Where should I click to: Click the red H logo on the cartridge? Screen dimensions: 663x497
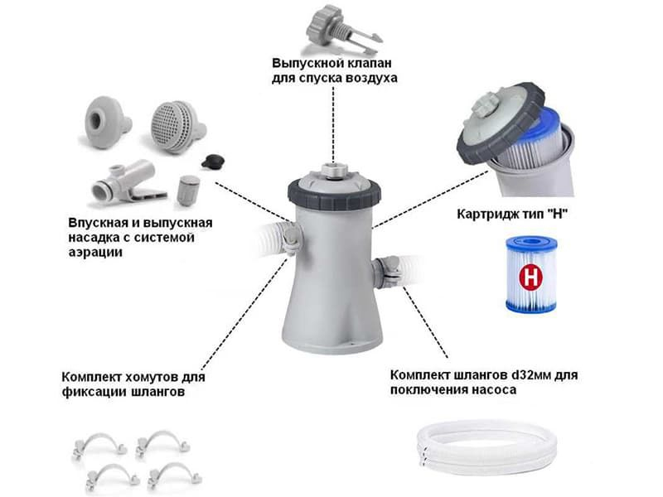(530, 277)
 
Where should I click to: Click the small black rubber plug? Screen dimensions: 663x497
(213, 162)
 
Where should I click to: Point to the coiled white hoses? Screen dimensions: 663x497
(487, 449)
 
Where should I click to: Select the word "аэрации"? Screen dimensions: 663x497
(95, 253)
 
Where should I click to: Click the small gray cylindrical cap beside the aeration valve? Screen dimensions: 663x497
(188, 191)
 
